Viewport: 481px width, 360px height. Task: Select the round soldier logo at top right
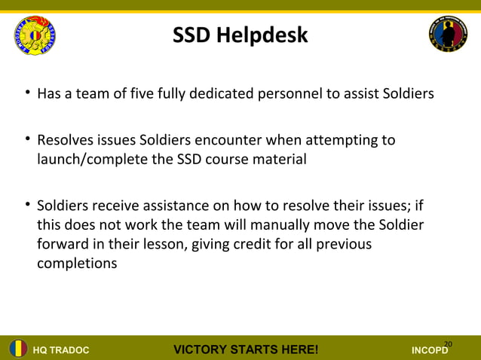point(448,35)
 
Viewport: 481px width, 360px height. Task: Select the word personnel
point(294,95)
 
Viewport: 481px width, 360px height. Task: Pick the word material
point(280,160)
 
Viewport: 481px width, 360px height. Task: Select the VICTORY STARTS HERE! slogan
point(246,349)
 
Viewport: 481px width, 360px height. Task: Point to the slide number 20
point(448,344)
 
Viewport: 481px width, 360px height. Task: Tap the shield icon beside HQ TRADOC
point(18,349)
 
